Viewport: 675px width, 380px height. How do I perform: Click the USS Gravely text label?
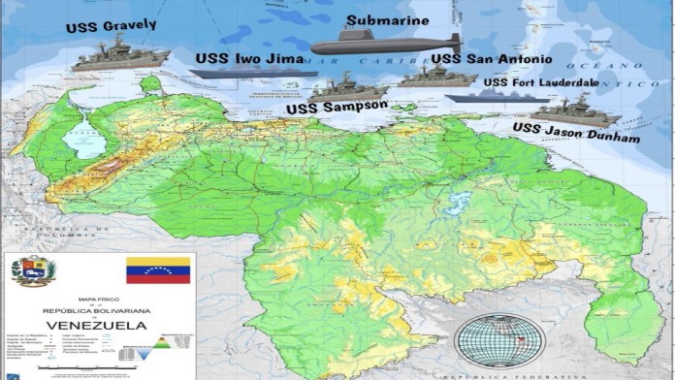coord(112,26)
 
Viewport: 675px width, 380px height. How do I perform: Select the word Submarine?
coord(388,19)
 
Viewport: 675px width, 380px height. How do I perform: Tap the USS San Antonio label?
coord(492,59)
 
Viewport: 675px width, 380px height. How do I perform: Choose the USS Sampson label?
coord(337,107)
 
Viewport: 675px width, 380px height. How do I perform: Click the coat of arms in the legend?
coord(34,270)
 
